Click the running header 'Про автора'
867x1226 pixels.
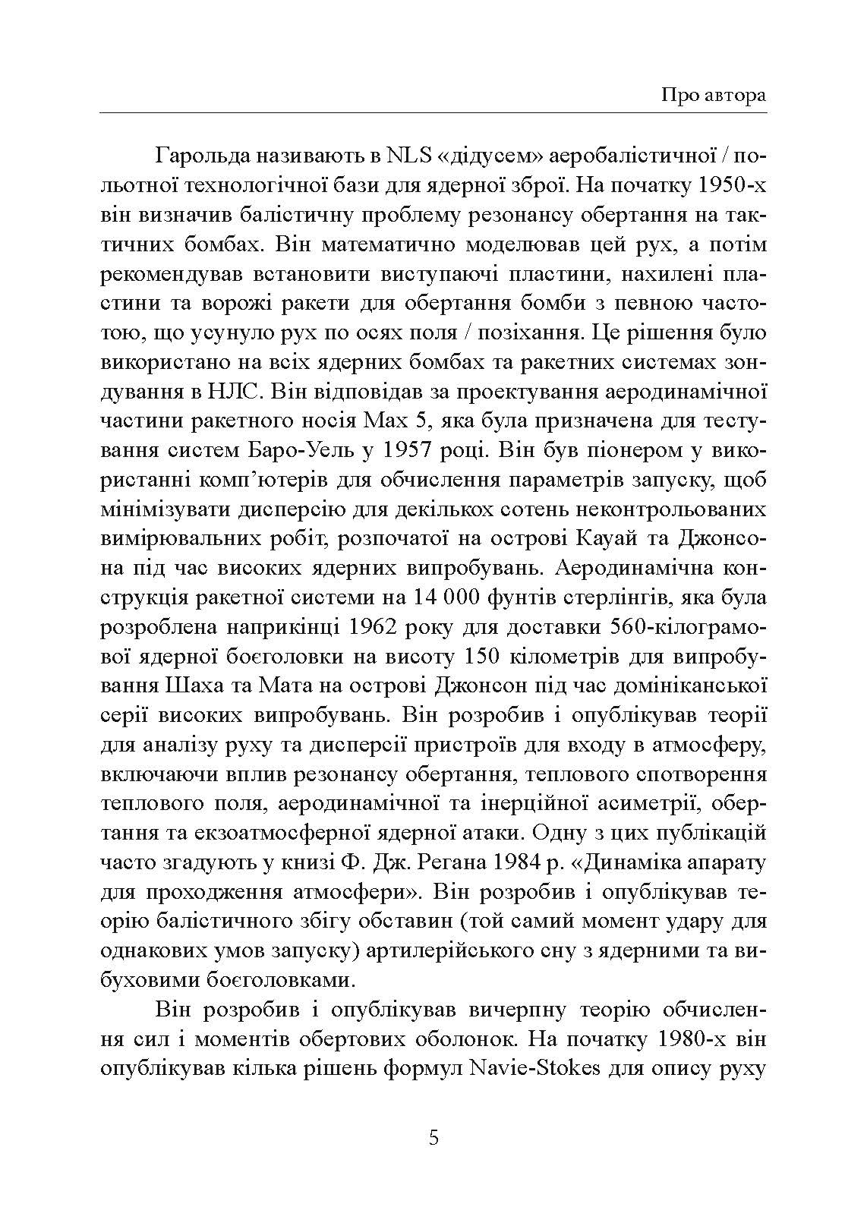tap(713, 96)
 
